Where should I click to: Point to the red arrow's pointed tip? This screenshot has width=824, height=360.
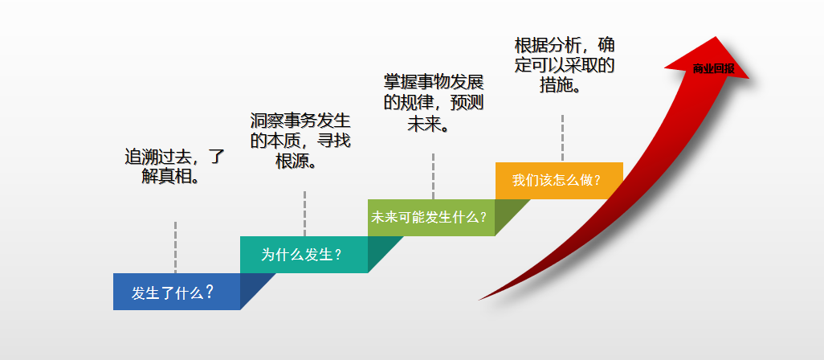tap(715, 38)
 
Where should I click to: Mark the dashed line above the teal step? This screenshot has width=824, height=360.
tap(304, 213)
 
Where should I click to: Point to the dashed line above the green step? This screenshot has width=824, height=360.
tap(433, 176)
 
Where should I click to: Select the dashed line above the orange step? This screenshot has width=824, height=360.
tap(562, 137)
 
